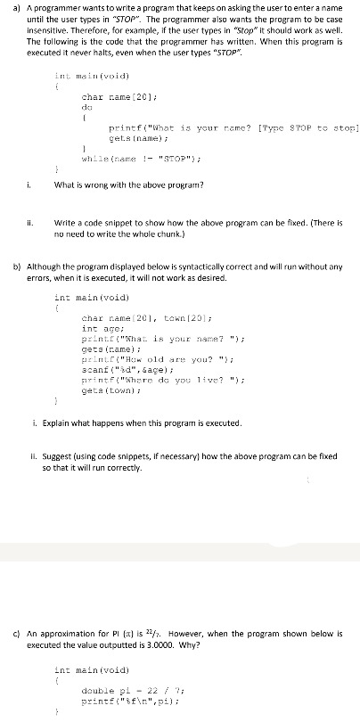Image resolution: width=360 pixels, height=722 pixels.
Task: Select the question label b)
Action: tap(10, 265)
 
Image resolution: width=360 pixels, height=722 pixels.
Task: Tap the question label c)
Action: tap(10, 607)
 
